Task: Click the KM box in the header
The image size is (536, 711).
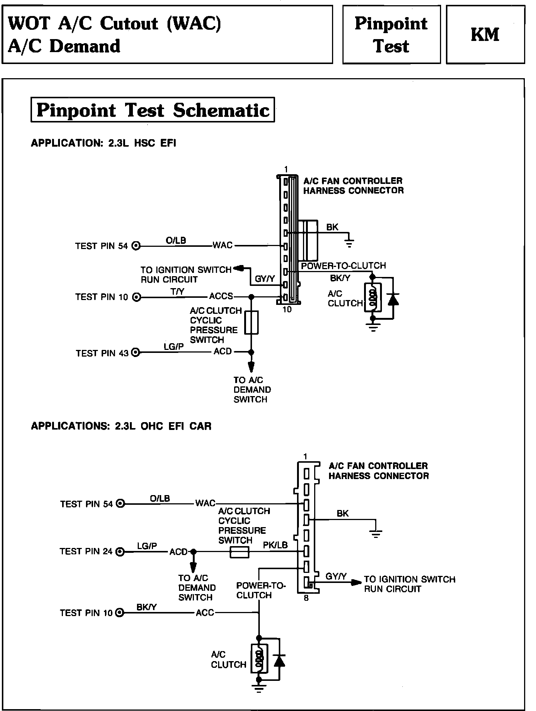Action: pos(485,35)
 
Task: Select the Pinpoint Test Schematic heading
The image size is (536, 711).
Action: pos(153,110)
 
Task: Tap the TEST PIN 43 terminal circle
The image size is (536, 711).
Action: pos(136,352)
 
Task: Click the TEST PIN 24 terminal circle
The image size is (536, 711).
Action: pos(120,551)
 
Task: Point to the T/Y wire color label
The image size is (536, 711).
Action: pos(178,292)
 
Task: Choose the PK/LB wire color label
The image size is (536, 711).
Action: pos(275,545)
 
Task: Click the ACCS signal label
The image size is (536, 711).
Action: pos(221,296)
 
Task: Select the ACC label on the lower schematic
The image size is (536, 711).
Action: pos(205,613)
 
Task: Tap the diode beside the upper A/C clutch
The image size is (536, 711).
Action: pos(393,299)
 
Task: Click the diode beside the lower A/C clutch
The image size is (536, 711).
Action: pos(279,660)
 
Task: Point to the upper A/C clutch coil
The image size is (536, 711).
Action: pos(373,298)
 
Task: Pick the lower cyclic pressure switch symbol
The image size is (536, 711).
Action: pos(239,552)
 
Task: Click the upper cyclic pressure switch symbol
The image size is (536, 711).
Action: pos(252,322)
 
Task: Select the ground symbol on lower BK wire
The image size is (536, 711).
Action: pos(376,534)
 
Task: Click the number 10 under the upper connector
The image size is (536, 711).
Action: pos(287,309)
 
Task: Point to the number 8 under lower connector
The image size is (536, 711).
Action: pos(306,599)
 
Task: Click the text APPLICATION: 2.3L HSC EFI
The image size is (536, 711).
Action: pos(103,143)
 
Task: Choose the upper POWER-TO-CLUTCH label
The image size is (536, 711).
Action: pos(343,266)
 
